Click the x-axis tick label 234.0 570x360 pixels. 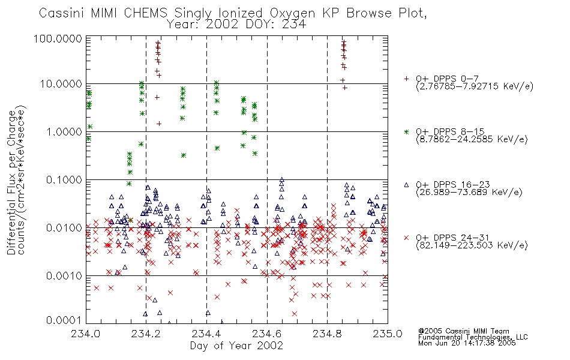85,334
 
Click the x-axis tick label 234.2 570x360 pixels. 146,334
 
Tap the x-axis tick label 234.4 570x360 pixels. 206,334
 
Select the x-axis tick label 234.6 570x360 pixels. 267,334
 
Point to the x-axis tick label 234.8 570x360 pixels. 327,334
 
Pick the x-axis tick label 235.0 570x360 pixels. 388,334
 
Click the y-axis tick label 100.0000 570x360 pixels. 58,38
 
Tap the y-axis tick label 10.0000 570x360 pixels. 61,84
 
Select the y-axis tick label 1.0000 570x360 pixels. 64,131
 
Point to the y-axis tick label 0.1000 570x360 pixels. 64,179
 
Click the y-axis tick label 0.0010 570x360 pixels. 64,276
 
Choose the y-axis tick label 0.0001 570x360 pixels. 64,320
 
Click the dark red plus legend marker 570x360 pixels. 406,79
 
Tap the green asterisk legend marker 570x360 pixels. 406,131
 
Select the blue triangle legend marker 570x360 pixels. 406,185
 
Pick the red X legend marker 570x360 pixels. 406,238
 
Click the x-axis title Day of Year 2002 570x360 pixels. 236,346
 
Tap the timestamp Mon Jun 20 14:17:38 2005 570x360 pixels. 467,343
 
